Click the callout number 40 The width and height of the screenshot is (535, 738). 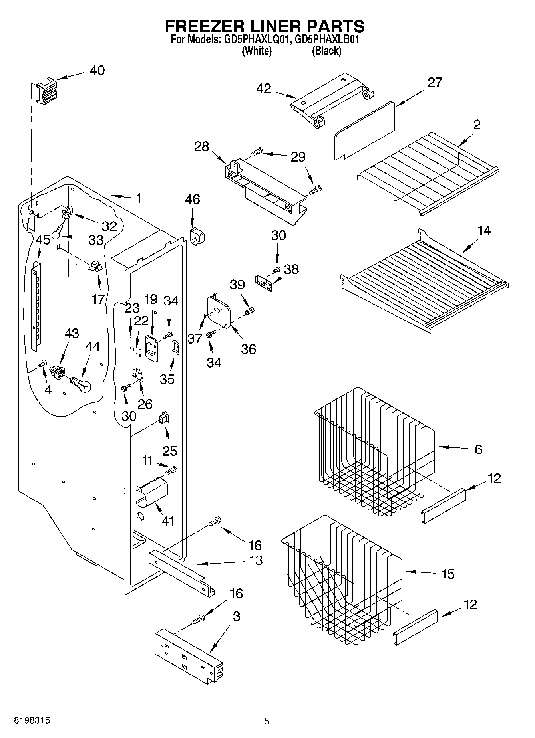97,71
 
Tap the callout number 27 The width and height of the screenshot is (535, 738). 435,83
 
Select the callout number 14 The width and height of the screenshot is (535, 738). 484,231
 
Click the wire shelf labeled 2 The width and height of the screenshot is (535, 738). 428,172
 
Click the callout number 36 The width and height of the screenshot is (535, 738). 248,349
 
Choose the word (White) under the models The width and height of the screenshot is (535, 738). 257,51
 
